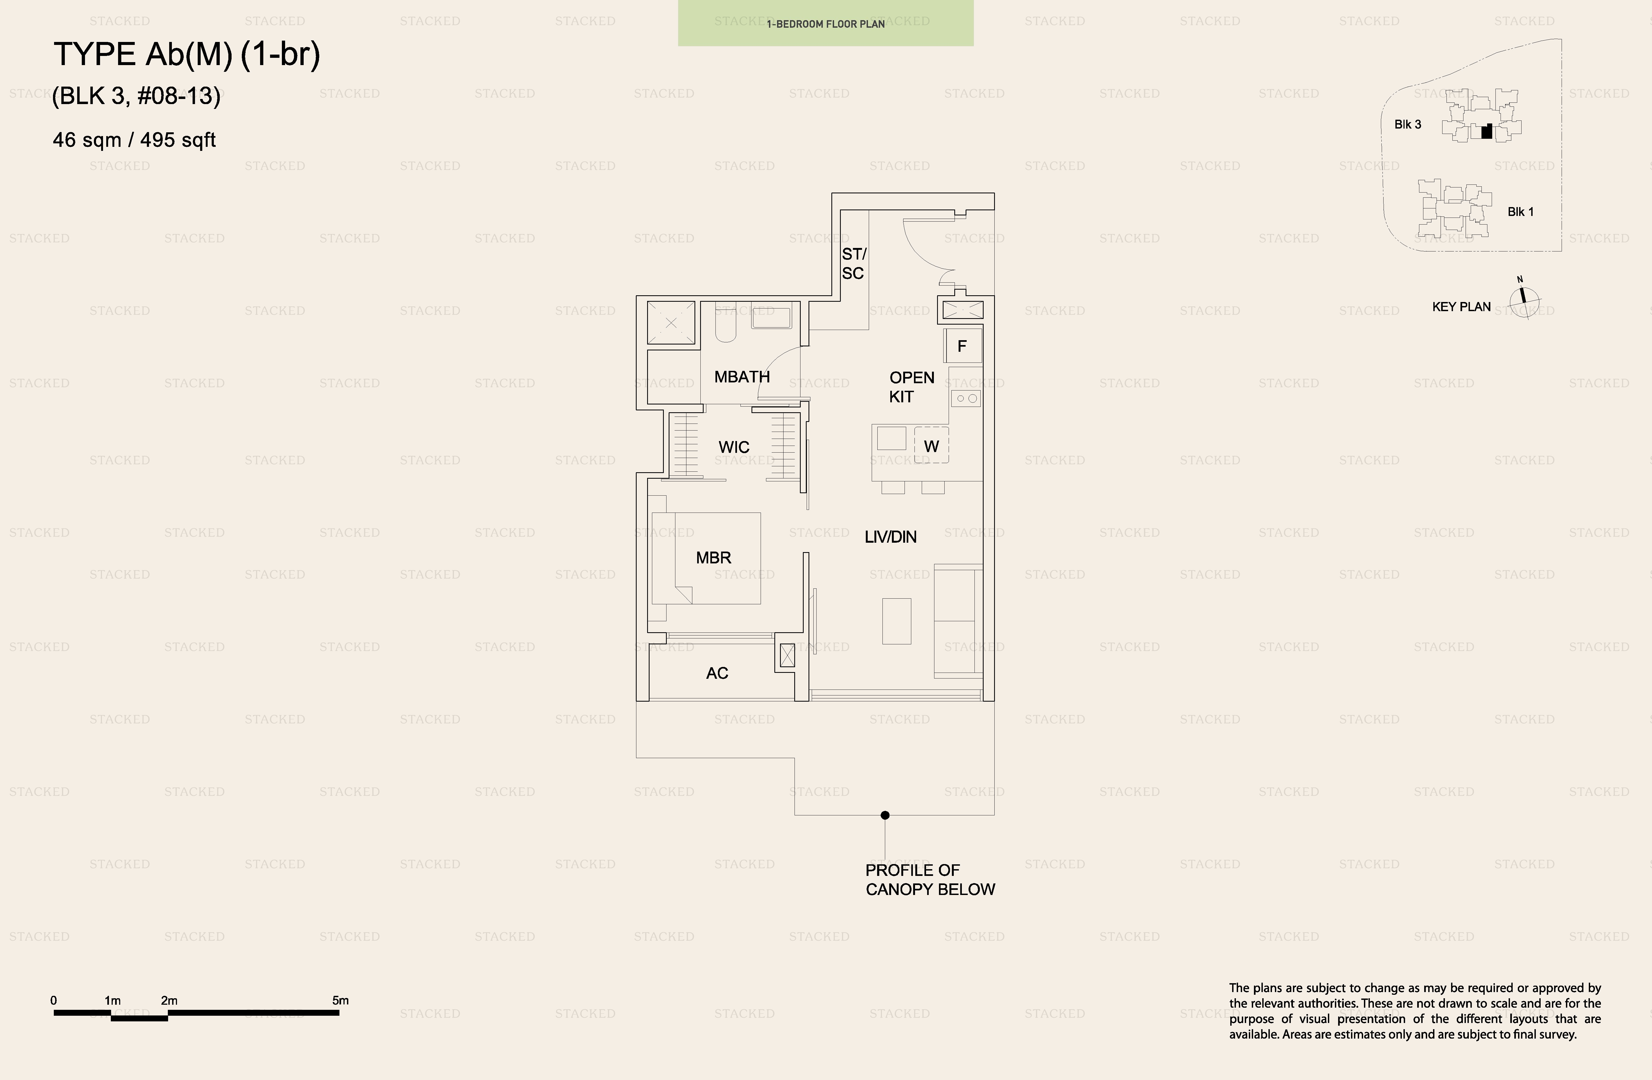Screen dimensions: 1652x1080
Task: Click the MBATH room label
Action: [742, 377]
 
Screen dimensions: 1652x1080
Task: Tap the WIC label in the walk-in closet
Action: [734, 447]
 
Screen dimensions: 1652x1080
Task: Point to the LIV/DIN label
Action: [891, 537]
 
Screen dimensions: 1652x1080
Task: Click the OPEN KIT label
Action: [911, 387]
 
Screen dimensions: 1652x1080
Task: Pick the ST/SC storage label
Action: [854, 264]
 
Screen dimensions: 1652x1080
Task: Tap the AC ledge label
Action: [717, 673]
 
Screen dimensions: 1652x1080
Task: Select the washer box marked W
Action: [931, 446]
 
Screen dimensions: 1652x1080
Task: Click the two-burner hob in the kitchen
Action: [966, 398]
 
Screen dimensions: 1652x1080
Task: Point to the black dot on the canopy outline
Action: [885, 815]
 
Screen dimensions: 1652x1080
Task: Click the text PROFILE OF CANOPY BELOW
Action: [930, 879]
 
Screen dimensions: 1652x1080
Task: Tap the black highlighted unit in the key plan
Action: [1487, 131]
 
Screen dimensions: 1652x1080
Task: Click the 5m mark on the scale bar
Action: [340, 1000]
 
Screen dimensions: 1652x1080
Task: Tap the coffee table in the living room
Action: [897, 621]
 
